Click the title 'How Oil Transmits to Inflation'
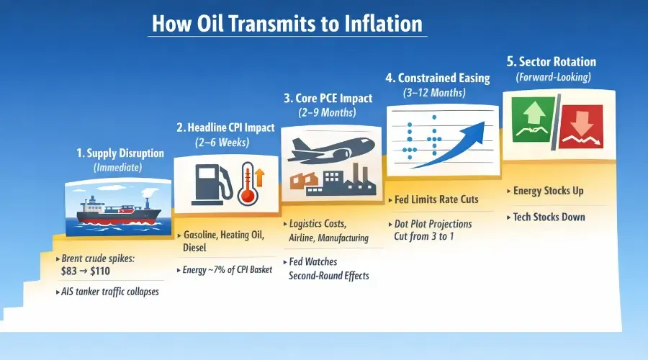pyautogui.click(x=287, y=23)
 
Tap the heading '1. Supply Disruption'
pyautogui.click(x=120, y=153)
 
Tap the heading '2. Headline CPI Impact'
pyautogui.click(x=225, y=127)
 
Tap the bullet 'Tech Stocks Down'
pyautogui.click(x=548, y=217)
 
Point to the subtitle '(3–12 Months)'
pyautogui.click(x=436, y=92)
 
